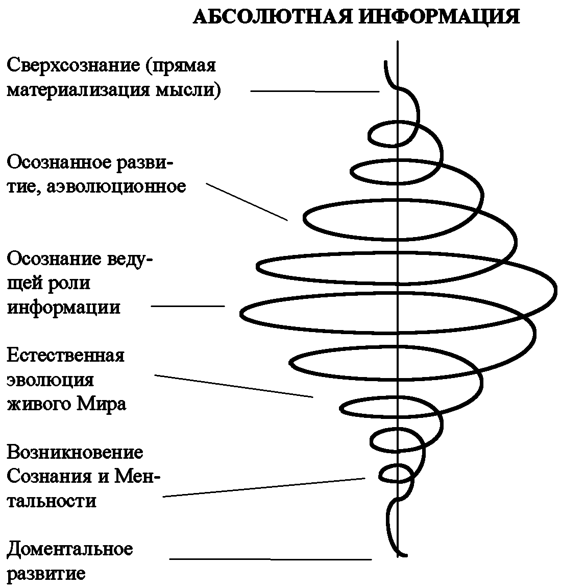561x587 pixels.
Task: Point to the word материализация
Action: (78, 90)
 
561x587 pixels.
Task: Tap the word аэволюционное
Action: (116, 186)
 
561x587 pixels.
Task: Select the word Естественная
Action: (65, 355)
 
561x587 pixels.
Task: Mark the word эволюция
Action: (50, 380)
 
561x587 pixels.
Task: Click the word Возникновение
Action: (75, 452)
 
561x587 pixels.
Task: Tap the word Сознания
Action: (48, 477)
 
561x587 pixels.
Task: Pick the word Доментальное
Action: (69, 550)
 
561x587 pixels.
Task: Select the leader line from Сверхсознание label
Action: (314, 91)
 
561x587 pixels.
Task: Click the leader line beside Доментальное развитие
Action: (271, 559)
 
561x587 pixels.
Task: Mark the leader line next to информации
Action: (188, 306)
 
